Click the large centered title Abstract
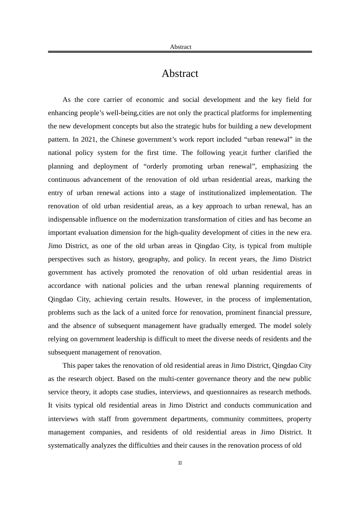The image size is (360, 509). pyautogui.click(x=180, y=73)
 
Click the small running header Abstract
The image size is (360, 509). pyautogui.click(x=180, y=47)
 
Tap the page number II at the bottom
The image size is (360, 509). pyautogui.click(x=180, y=463)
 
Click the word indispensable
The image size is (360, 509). pyautogui.click(x=68, y=219)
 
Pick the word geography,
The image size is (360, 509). pyautogui.click(x=153, y=259)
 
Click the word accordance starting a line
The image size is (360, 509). pyautogui.click(x=64, y=286)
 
